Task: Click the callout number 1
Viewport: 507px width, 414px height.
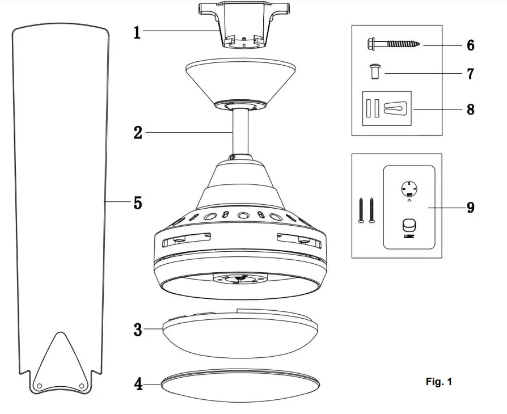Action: [x=137, y=32]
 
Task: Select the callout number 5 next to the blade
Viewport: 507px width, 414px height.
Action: [x=138, y=202]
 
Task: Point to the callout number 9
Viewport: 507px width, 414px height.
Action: [x=470, y=208]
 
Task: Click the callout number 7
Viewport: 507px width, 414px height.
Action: [x=470, y=74]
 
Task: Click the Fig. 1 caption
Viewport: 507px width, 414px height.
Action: [x=438, y=382]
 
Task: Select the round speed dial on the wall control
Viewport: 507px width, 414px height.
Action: [x=408, y=187]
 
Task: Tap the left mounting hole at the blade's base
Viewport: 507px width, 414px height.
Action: [x=40, y=385]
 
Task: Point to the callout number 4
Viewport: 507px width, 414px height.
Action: [x=138, y=385]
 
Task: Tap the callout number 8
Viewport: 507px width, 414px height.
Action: [x=470, y=109]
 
